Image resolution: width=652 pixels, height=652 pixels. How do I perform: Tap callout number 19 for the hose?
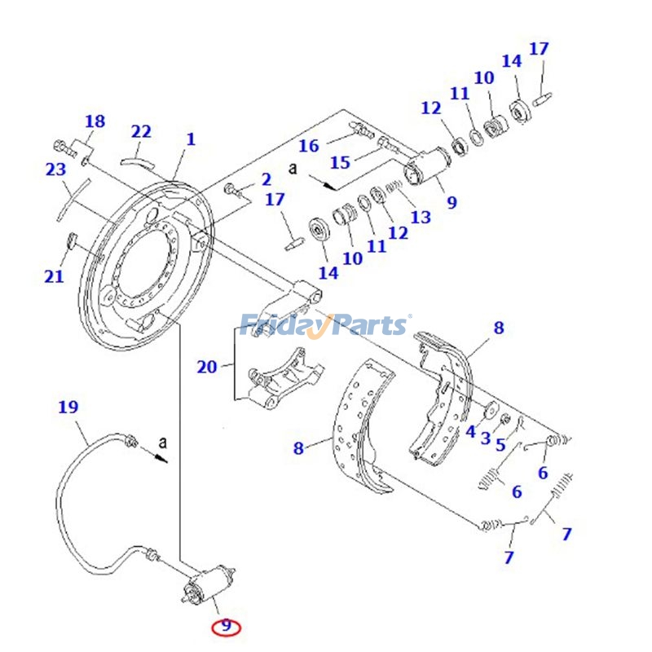68,407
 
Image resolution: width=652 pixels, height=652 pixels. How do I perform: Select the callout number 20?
207,367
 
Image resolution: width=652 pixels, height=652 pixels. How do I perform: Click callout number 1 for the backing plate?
191,139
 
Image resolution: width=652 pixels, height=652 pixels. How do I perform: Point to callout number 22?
141,131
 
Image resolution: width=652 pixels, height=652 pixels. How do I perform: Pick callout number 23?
55,170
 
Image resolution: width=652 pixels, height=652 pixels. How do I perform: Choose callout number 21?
54,276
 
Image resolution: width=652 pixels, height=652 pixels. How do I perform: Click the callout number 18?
95,121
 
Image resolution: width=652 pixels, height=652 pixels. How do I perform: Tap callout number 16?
308,146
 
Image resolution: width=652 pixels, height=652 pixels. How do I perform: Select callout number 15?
340,162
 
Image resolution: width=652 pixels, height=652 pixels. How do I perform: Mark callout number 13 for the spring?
421,217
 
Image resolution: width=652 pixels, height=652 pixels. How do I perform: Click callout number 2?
266,179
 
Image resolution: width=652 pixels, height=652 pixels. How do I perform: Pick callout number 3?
486,438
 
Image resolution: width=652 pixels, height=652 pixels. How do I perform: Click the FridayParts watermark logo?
326,325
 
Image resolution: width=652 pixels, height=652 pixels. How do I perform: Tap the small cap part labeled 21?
69,240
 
